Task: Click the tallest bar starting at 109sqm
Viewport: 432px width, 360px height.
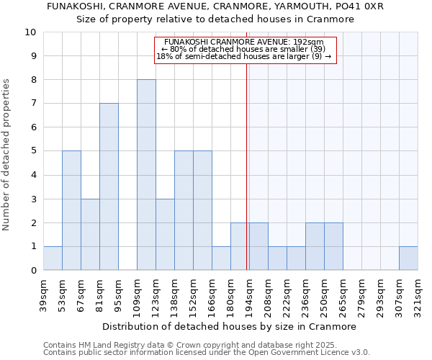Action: point(146,175)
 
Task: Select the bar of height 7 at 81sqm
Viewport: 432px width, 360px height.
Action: point(109,186)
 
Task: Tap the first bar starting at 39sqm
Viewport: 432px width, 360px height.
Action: point(53,258)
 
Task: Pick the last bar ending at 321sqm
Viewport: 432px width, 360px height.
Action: point(408,258)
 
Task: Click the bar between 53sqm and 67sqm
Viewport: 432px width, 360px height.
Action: point(71,210)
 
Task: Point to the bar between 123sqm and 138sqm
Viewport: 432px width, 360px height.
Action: point(165,234)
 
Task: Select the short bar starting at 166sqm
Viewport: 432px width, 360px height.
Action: point(221,258)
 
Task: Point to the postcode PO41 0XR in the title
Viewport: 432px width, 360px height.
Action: point(358,6)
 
